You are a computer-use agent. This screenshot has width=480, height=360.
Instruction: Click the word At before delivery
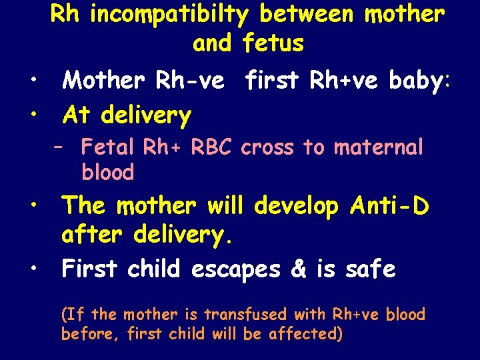[77, 115]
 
